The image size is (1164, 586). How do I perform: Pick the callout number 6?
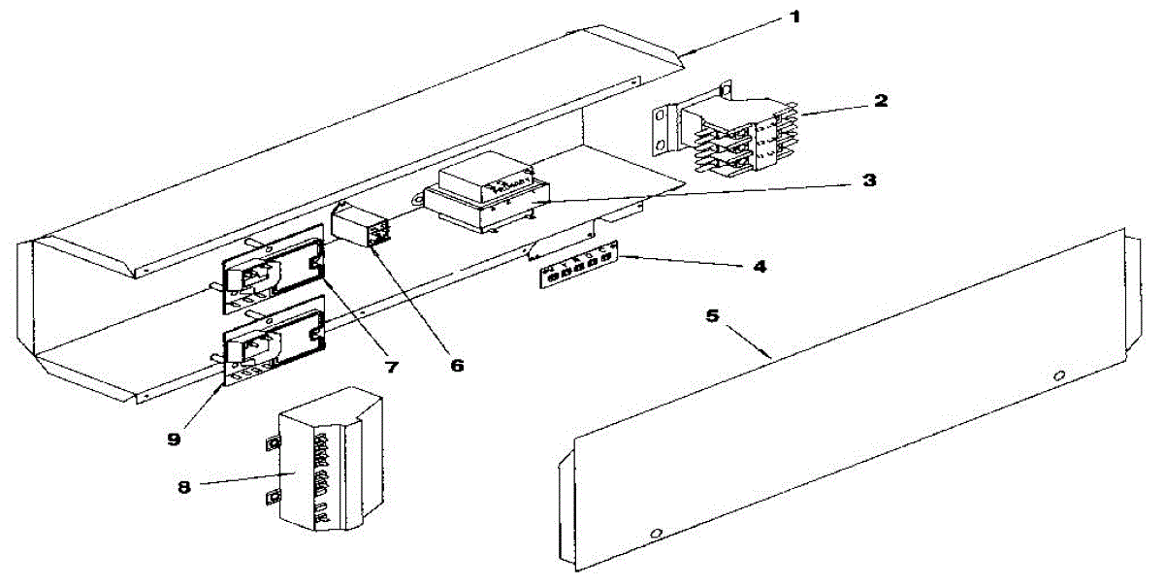(455, 366)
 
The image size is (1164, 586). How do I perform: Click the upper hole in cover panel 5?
(1060, 374)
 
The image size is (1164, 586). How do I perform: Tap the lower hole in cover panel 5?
(657, 534)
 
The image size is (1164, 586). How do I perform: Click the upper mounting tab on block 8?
(273, 443)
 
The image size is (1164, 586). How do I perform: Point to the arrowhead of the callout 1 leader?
(684, 52)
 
